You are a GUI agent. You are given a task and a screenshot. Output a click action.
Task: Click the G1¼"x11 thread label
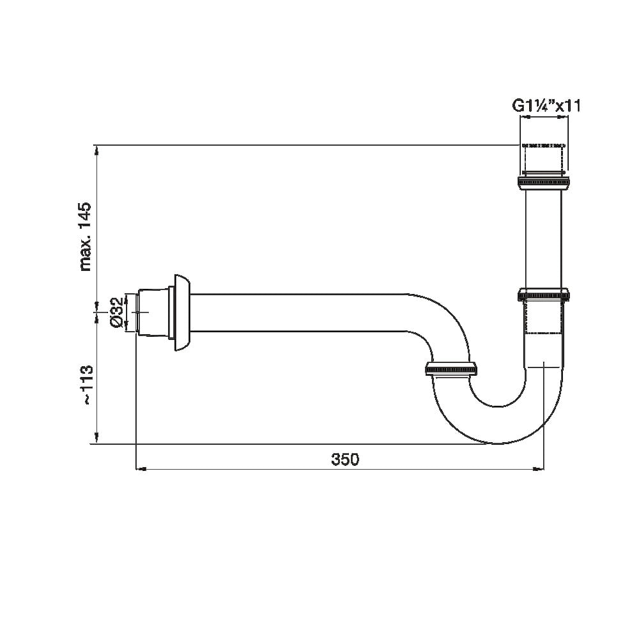(546, 106)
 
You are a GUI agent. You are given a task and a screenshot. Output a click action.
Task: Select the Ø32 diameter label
(117, 312)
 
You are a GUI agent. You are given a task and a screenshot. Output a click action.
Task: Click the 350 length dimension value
(345, 459)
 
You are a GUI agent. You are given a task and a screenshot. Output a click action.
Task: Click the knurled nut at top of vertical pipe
(543, 184)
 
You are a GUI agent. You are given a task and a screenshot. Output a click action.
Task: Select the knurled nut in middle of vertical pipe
(543, 295)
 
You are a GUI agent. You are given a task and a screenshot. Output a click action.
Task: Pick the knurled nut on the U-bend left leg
(450, 369)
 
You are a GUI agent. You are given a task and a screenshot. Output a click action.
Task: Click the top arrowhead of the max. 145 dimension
(96, 151)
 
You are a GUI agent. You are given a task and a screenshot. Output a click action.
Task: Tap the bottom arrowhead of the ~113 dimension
(96, 438)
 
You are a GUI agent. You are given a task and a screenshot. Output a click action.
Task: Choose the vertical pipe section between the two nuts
(543, 240)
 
